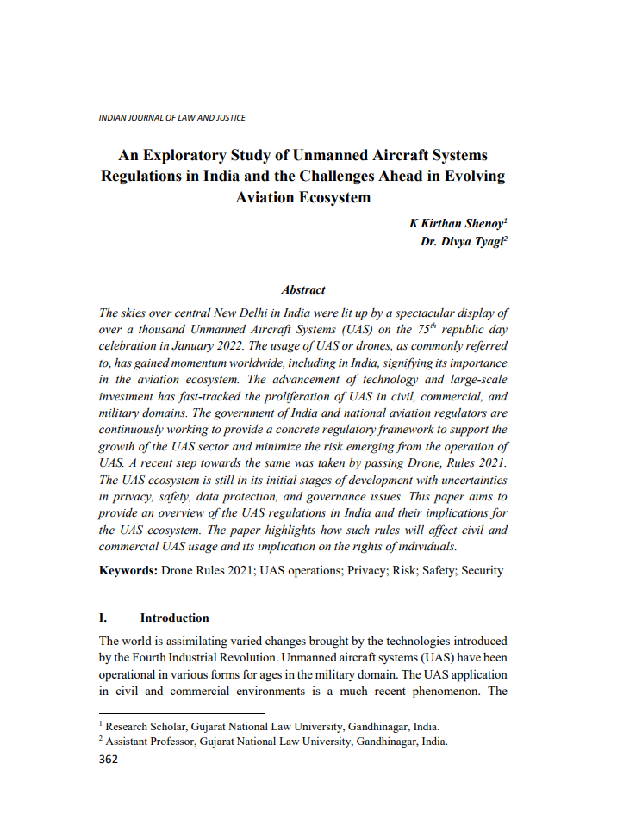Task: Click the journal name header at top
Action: coord(172,117)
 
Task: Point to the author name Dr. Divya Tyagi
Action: coord(461,241)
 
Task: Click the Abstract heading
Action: coord(303,290)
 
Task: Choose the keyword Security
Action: coord(482,570)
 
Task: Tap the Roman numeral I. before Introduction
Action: coord(103,618)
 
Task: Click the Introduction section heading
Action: coord(175,618)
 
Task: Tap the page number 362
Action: coord(109,759)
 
